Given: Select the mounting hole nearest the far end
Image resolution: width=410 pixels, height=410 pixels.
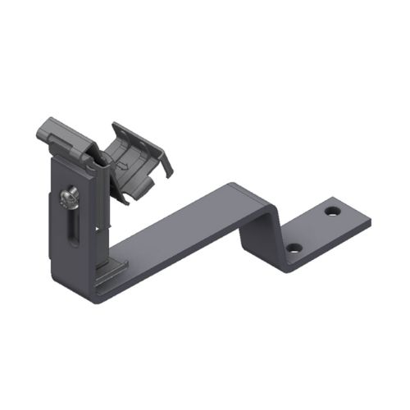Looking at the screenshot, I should [x=331, y=211].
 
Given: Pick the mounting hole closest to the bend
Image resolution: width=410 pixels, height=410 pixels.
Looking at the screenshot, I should [x=294, y=247].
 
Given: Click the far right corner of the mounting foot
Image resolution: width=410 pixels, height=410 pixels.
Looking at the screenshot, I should [x=369, y=221].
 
